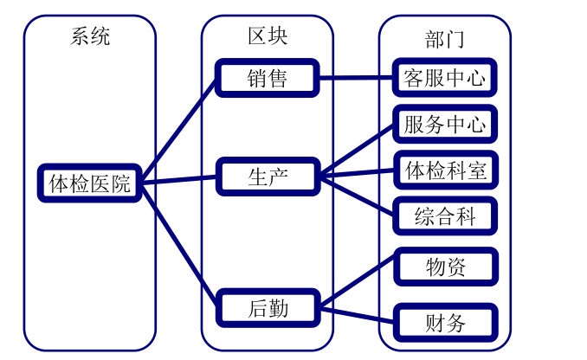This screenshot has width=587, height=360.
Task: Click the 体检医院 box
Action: point(90,183)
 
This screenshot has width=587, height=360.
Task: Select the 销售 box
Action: point(268,78)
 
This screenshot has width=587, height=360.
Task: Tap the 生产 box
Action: point(268,177)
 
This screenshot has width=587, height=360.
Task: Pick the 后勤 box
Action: point(268,307)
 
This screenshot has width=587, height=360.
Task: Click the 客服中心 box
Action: point(445,78)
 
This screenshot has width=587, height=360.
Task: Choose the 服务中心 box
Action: point(445,125)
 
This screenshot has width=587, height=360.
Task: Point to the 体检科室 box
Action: point(445,170)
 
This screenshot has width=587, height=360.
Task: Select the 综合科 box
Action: point(445,215)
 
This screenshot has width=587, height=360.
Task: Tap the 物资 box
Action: point(445,267)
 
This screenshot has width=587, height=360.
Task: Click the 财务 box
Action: point(445,323)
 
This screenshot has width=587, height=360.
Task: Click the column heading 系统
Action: point(90,37)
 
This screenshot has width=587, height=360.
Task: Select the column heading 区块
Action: point(268,36)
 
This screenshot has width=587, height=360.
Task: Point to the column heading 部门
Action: point(445,38)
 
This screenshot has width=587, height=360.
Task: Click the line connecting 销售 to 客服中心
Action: point(356,78)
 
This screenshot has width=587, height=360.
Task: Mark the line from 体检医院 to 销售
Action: point(179,130)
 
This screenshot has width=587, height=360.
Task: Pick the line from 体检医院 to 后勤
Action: point(179,244)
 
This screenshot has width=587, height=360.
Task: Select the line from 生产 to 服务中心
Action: point(356,151)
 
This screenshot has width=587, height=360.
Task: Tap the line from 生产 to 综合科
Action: point(356,196)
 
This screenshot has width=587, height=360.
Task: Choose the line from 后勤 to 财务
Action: point(356,314)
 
